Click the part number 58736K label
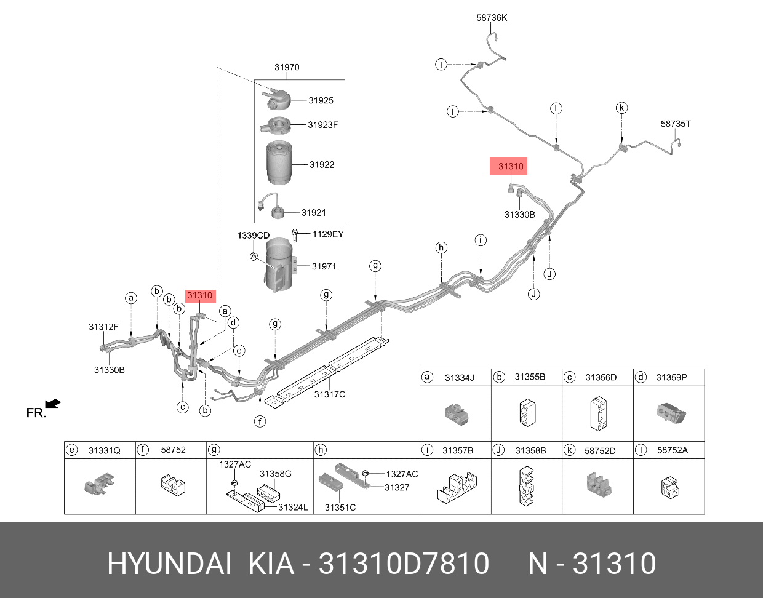(x=492, y=18)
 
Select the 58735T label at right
(x=676, y=124)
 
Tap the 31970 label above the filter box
(x=287, y=67)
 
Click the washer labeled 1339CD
(x=254, y=255)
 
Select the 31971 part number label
(x=324, y=266)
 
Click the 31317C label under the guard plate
(x=329, y=394)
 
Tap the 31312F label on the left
(x=103, y=327)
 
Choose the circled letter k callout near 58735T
(x=621, y=108)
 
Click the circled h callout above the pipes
(x=441, y=248)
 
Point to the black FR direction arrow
(x=54, y=404)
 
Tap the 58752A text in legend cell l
(x=672, y=450)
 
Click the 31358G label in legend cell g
(x=275, y=474)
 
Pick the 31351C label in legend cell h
(x=340, y=508)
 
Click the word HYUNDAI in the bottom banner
(x=169, y=564)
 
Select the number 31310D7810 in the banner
(x=404, y=564)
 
